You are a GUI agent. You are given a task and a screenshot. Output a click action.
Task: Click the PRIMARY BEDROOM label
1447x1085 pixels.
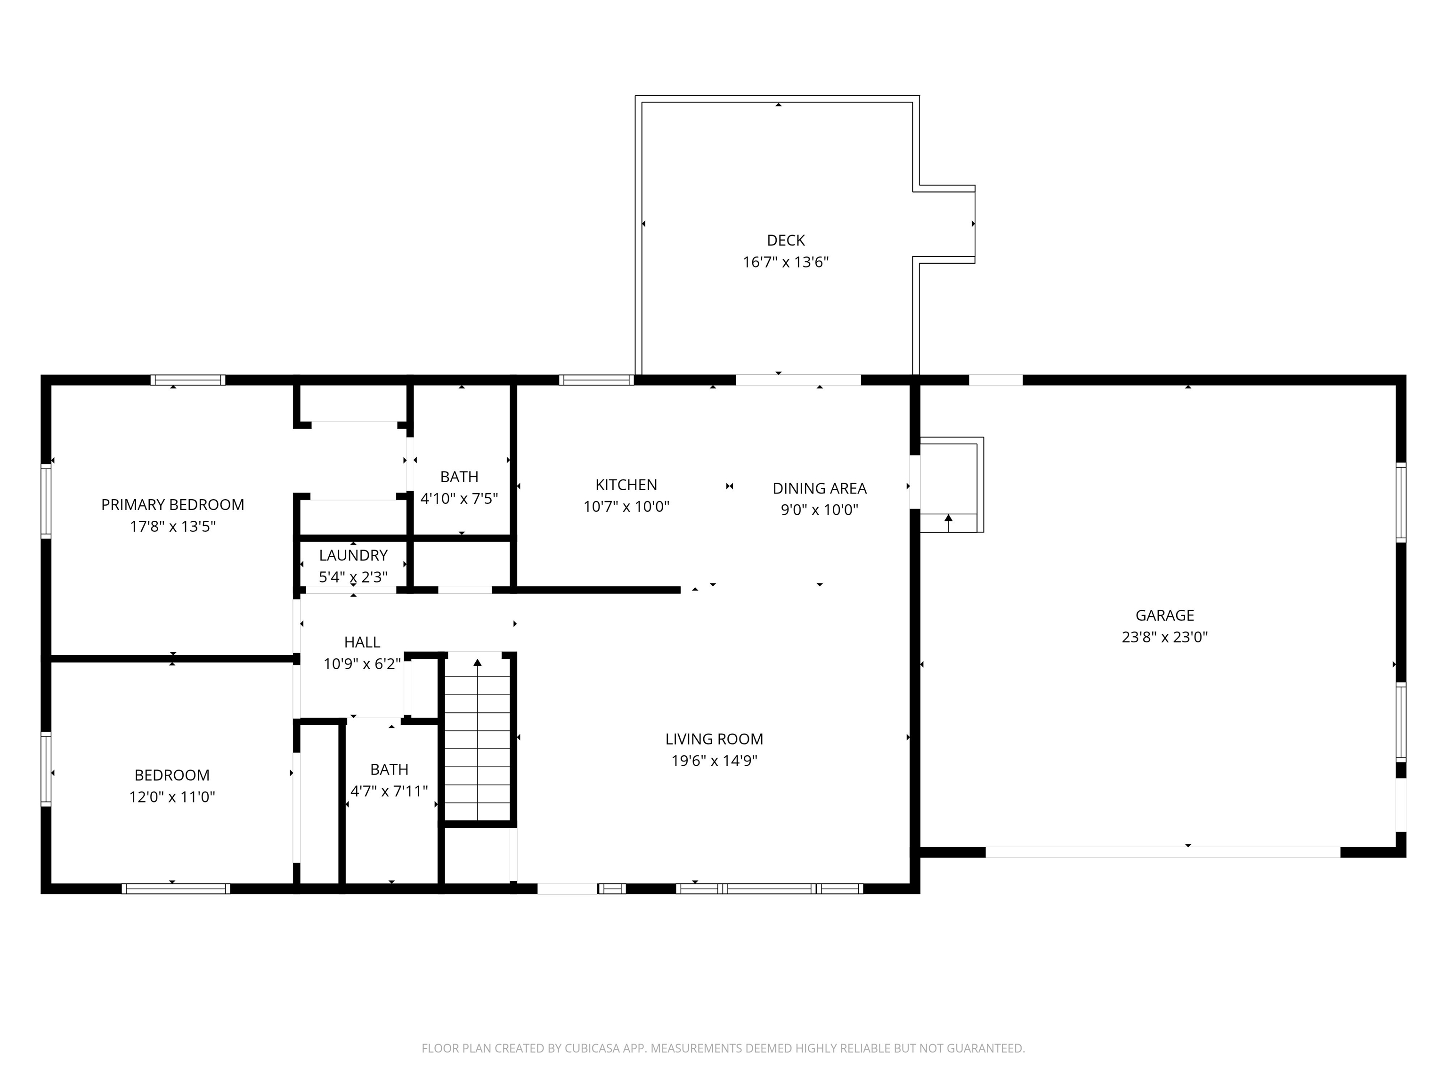(x=173, y=504)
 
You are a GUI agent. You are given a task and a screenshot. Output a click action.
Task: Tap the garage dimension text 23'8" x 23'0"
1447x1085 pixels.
(x=1164, y=637)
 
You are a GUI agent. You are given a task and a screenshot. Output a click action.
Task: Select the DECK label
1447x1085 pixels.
(x=786, y=240)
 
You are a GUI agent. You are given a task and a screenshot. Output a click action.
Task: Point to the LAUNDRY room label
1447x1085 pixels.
(x=353, y=555)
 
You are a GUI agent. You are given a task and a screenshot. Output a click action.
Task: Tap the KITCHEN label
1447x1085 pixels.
(x=626, y=485)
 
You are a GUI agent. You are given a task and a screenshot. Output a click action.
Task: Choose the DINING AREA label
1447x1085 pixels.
(x=819, y=488)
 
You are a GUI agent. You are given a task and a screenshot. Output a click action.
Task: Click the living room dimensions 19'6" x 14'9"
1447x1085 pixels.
(x=714, y=761)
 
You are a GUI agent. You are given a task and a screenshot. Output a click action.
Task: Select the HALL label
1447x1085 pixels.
(x=362, y=642)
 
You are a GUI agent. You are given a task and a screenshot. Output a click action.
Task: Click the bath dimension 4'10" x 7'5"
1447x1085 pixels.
(x=459, y=498)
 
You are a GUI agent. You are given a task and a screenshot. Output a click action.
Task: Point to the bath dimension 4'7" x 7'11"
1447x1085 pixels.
(x=389, y=791)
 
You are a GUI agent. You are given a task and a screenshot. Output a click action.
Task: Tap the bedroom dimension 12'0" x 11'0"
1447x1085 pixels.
(x=172, y=797)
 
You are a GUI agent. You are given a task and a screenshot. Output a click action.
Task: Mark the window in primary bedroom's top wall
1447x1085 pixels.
(x=188, y=380)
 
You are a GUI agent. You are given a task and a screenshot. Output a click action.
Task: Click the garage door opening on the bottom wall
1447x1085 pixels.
(x=1162, y=852)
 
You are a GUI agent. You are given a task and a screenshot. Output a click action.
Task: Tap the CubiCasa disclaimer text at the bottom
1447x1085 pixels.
(x=723, y=1048)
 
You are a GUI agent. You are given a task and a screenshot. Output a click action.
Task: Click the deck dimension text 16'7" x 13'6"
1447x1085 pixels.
(x=786, y=262)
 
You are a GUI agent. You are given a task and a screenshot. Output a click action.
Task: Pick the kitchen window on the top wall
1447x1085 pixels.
(x=596, y=380)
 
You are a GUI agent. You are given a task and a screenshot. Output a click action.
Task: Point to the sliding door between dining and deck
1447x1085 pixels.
(x=798, y=380)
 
